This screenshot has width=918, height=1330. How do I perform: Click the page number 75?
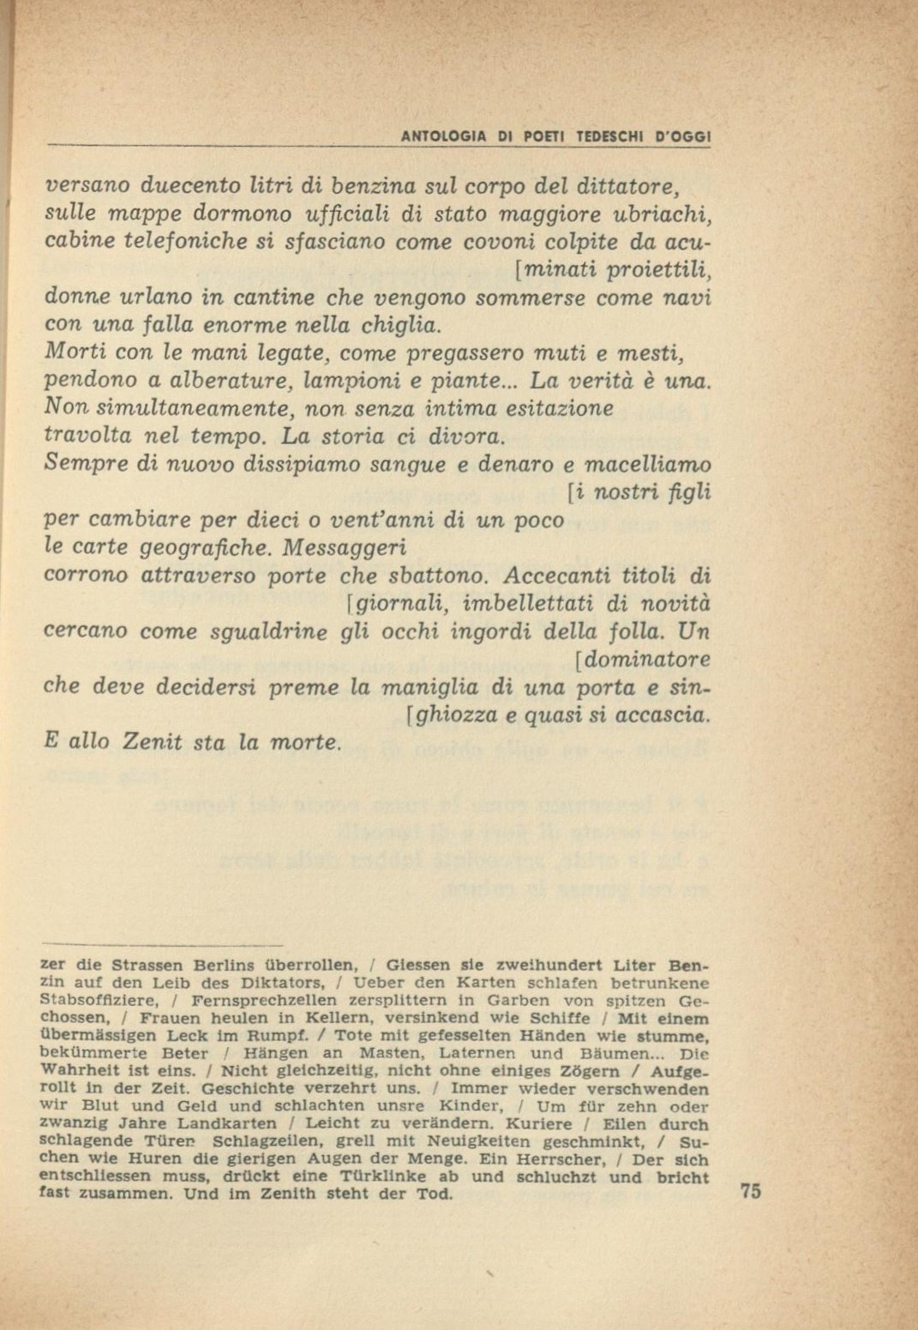pyautogui.click(x=748, y=1193)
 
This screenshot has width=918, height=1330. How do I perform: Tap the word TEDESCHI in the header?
pyautogui.click(x=613, y=135)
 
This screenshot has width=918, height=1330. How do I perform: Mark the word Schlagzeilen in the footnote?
pyautogui.click(x=269, y=1141)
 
